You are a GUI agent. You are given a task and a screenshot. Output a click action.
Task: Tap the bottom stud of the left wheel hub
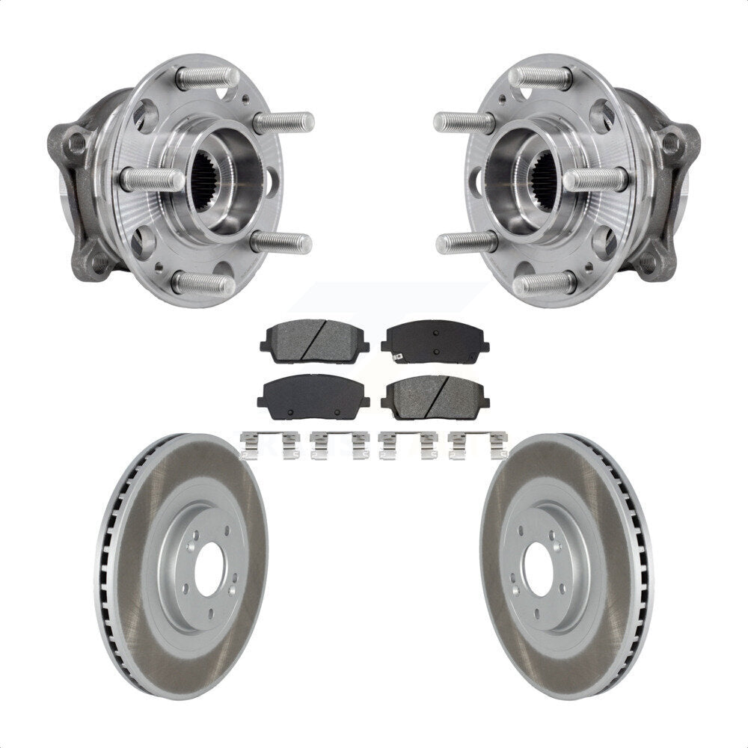pyautogui.click(x=202, y=285)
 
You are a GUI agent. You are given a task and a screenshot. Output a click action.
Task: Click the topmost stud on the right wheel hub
pyautogui.click(x=540, y=76)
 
